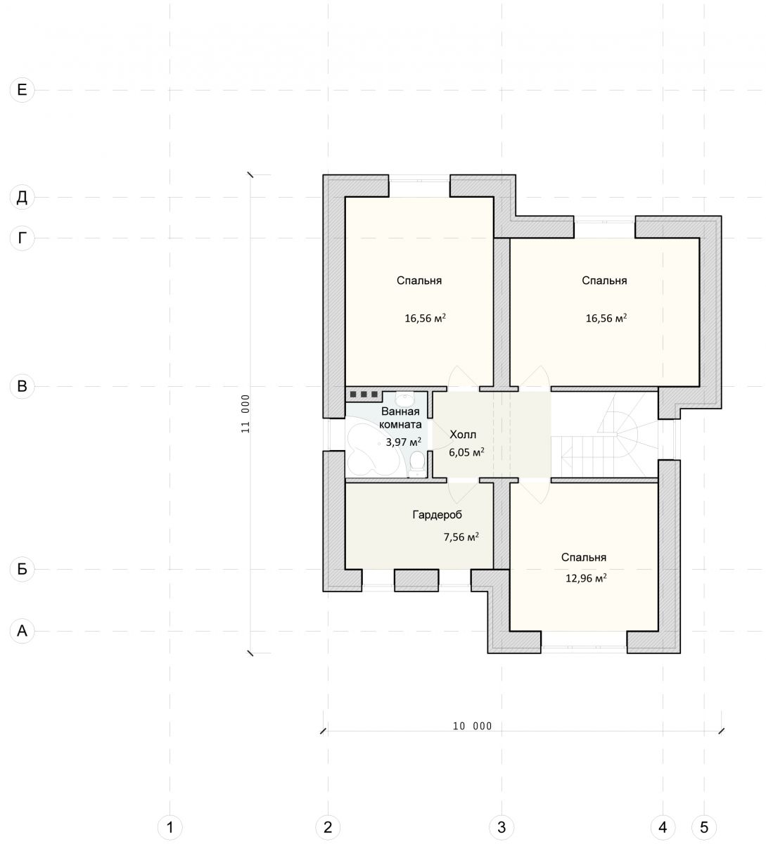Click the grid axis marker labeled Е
22,90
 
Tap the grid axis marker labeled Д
22,197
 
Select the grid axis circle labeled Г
22,238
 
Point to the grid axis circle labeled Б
22,569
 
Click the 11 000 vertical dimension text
245,414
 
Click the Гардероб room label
437,515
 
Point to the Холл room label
463,434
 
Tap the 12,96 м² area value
586,578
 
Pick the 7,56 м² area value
461,537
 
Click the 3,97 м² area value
404,442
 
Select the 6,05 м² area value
466,452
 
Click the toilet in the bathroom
416,464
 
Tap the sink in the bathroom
404,397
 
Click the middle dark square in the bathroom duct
364,395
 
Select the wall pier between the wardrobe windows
416,580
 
